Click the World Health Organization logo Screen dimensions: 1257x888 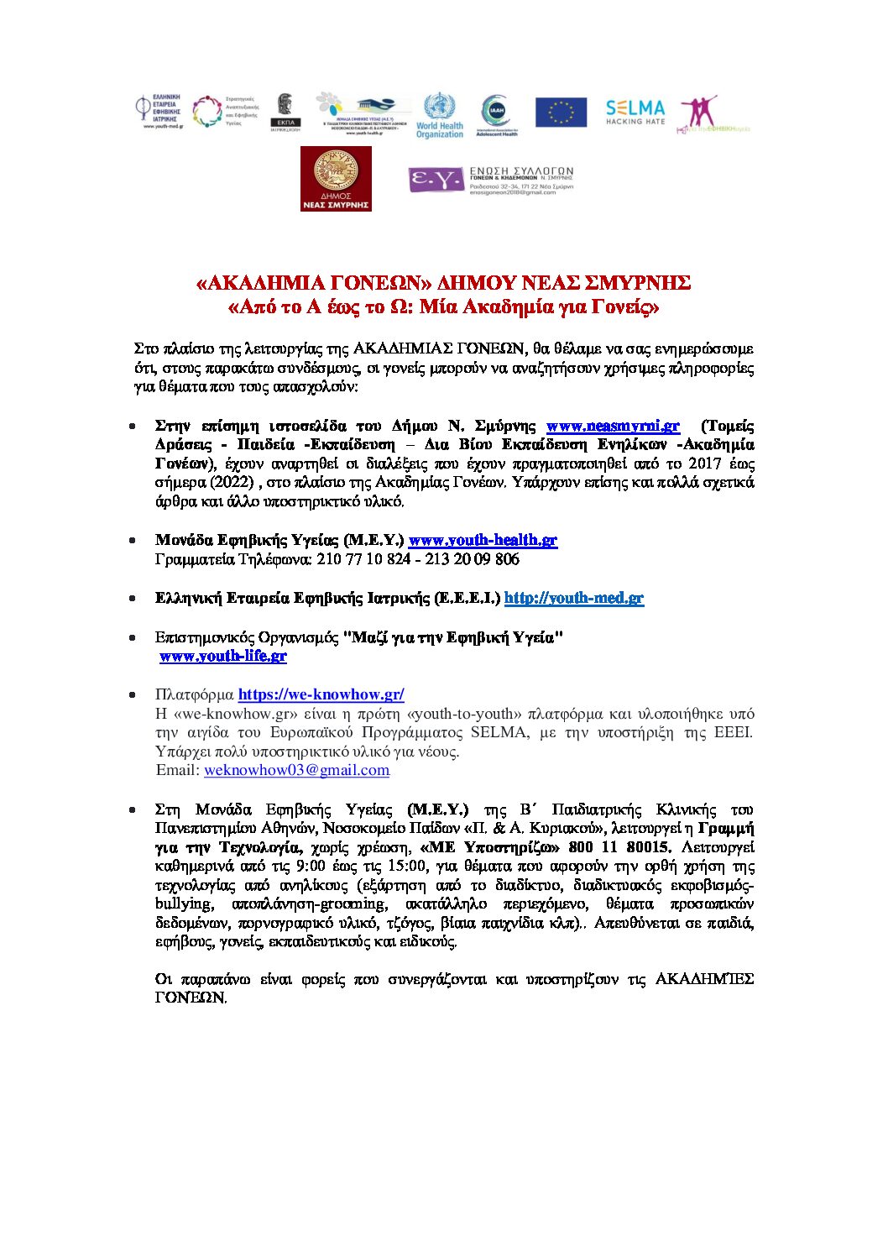click(439, 115)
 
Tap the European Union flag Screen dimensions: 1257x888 click(561, 113)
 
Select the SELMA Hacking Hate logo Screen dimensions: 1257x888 click(635, 111)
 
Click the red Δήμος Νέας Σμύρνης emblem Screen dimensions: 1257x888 click(336, 179)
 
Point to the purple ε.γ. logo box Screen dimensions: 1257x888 click(436, 180)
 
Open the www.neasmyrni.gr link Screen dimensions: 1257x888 click(613, 426)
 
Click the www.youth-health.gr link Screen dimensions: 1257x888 click(483, 540)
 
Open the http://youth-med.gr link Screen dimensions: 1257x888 click(573, 598)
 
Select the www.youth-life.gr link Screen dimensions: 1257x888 click(223, 656)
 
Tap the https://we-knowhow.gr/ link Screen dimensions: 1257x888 click(321, 694)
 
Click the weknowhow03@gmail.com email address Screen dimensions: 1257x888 click(296, 770)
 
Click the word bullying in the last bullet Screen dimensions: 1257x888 click(183, 903)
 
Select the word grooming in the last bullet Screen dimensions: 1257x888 click(355, 903)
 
